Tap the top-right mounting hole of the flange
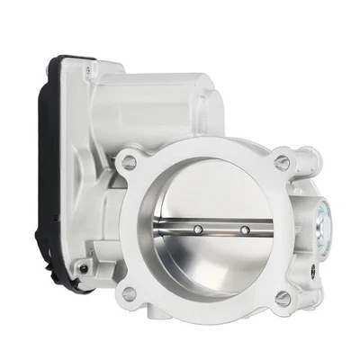tap(283, 162)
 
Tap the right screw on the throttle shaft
tap(243, 231)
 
